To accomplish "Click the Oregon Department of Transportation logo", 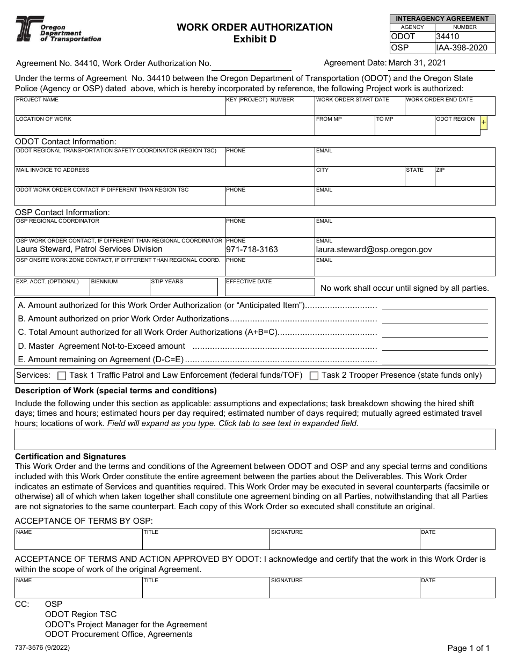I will point(57,29).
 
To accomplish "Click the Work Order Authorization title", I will point(254,27).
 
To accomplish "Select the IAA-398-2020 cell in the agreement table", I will point(464,48).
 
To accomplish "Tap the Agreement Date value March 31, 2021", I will point(417,63).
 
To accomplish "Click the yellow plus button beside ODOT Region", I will point(484,123).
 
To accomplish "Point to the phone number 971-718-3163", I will point(252,250).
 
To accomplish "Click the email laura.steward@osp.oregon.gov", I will point(374,250).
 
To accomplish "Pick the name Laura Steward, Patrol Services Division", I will point(89,249).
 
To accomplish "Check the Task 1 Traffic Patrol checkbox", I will point(62,376).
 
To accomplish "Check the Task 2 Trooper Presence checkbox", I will point(314,376).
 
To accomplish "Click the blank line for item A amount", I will point(434,306).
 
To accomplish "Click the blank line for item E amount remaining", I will point(434,360).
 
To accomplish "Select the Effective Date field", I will point(269,289).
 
